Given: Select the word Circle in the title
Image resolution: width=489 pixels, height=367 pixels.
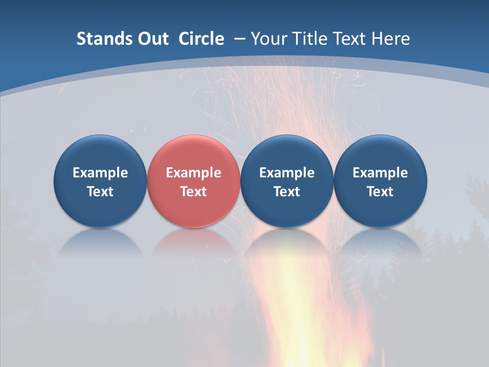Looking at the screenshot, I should point(201,39).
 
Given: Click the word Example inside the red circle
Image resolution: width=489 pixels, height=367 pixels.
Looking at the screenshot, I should point(194,173).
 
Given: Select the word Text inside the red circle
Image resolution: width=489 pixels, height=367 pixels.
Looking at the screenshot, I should point(194,192).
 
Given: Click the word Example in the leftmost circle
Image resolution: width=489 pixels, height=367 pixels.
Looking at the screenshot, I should point(100,173).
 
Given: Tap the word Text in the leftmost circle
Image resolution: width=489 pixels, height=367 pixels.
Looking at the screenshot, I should point(100,192).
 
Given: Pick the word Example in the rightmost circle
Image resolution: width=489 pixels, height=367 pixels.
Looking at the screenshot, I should point(381,173).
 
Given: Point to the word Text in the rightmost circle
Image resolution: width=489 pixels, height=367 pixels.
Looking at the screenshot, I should point(381,192).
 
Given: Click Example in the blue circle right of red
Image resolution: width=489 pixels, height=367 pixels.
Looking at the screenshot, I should point(287,173).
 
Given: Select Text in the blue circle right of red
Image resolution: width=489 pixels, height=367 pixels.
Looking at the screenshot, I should point(287,192).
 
